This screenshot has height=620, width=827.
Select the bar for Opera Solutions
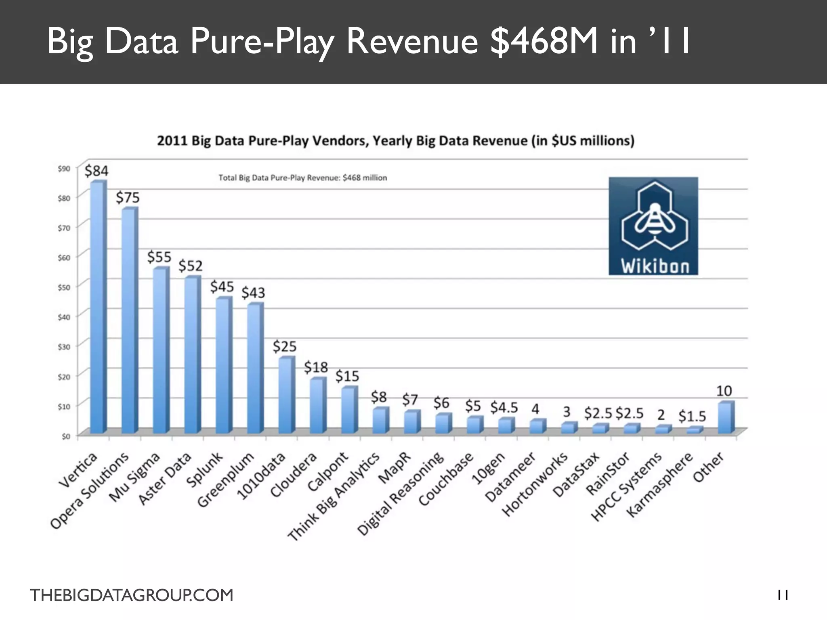(129, 321)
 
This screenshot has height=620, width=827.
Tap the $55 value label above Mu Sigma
(159, 257)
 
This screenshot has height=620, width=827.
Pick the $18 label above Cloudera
(316, 367)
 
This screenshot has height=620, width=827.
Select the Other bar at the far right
(726, 418)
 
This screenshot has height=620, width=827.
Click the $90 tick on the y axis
(64, 168)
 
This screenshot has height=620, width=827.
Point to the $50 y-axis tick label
(64, 287)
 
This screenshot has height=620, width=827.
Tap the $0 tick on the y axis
(65, 436)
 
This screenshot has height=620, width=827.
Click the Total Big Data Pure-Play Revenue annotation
(302, 178)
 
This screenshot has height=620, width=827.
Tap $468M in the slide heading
(543, 41)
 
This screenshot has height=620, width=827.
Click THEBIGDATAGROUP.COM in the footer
(132, 595)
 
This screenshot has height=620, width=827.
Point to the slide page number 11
(783, 595)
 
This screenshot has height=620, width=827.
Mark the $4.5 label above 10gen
(504, 408)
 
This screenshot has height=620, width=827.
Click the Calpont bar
(349, 410)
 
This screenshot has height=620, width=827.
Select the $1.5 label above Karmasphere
(692, 416)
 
